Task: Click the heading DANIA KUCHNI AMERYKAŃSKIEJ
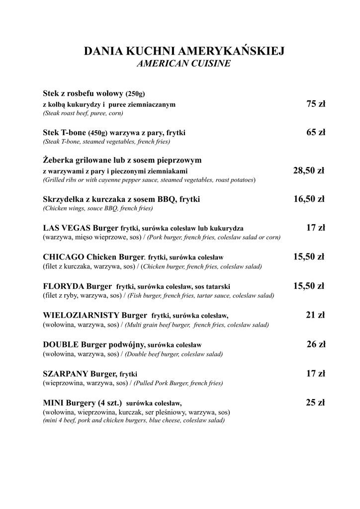tap(184, 52)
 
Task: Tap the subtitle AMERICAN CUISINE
tap(183, 64)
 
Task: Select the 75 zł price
tap(315, 104)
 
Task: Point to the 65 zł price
tap(315, 132)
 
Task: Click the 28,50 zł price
tap(308, 170)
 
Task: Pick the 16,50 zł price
tap(309, 199)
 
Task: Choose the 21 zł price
tap(315, 315)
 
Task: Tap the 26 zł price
tap(315, 344)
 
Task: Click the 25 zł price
tap(315, 402)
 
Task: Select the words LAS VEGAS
tap(66, 228)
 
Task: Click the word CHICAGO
tap(64, 257)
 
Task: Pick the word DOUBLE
tap(61, 344)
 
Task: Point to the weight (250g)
tap(135, 93)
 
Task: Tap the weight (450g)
tap(98, 133)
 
